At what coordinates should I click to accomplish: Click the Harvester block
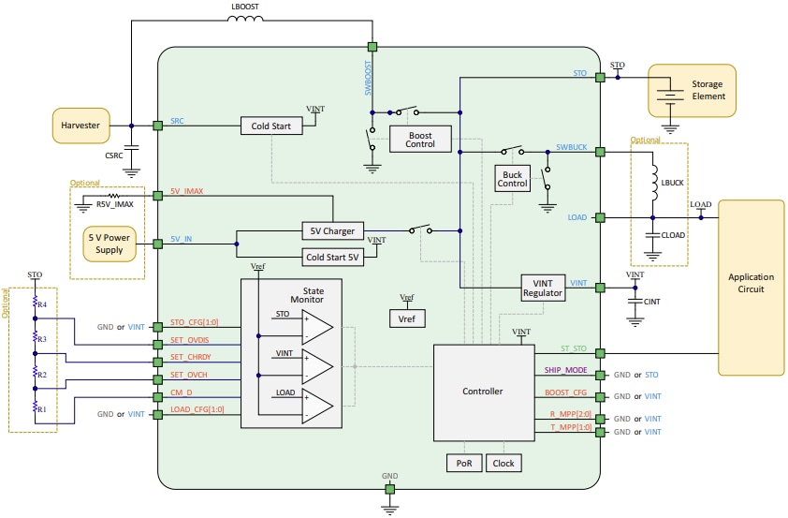[80, 126]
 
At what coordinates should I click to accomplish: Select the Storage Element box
[692, 90]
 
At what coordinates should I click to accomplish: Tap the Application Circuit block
[751, 283]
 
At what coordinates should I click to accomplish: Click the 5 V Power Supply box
[109, 244]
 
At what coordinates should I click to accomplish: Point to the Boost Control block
[420, 139]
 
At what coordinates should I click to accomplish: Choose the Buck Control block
[512, 178]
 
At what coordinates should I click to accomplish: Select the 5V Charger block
[333, 230]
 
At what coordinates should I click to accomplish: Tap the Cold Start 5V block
[332, 257]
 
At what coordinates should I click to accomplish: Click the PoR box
[464, 463]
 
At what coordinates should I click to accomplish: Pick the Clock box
[503, 463]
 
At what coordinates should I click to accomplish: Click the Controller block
[483, 392]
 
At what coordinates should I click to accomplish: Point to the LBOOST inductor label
[246, 7]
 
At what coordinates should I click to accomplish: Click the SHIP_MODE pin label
[565, 370]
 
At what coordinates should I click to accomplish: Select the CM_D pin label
[182, 393]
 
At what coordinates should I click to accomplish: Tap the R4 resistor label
[43, 304]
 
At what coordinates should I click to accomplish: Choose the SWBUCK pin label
[571, 147]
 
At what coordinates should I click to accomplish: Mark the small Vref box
[407, 318]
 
